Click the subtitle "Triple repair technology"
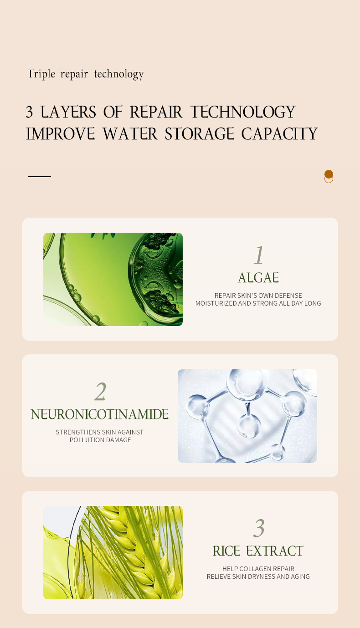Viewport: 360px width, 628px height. [85, 74]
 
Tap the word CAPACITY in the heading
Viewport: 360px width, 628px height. [279, 134]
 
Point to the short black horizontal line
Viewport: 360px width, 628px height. [40, 176]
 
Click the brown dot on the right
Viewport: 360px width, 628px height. [329, 174]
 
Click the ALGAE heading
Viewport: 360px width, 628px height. [258, 278]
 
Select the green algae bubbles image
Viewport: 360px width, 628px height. [113, 279]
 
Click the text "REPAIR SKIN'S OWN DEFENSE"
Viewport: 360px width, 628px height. [258, 296]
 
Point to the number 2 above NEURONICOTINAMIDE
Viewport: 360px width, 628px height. [100, 391]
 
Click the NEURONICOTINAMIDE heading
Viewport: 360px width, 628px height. [100, 414]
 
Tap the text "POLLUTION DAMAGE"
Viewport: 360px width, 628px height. [100, 440]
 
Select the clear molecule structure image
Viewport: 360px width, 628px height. [247, 416]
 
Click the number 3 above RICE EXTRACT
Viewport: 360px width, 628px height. [259, 528]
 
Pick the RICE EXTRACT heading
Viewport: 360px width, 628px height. [258, 551]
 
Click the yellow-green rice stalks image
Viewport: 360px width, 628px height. [113, 552]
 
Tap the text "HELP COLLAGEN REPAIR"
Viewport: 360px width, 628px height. [258, 569]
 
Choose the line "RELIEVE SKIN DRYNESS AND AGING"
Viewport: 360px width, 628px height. [258, 577]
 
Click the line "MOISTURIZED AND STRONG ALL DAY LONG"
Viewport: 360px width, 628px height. [258, 303]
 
